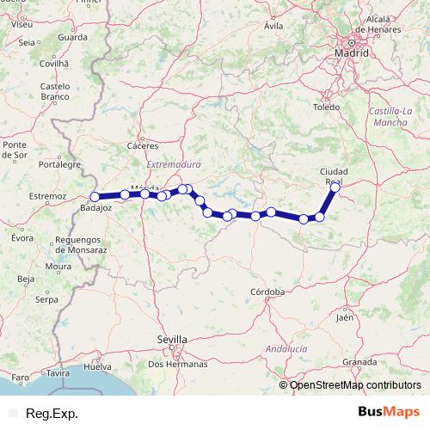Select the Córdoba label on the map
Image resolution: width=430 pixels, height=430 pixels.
click(x=267, y=292)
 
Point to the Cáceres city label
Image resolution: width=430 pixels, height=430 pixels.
click(x=142, y=146)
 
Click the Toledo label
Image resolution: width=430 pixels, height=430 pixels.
click(x=327, y=107)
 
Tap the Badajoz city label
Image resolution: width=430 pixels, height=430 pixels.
click(x=95, y=208)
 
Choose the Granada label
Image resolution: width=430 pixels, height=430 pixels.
click(x=359, y=362)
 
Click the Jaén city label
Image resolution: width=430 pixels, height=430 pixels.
click(x=345, y=317)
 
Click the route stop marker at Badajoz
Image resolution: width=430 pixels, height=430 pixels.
click(x=95, y=197)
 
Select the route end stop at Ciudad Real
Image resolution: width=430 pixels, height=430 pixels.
click(x=335, y=187)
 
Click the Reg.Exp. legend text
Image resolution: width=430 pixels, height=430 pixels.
click(x=52, y=414)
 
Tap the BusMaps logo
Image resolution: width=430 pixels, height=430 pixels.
click(x=388, y=413)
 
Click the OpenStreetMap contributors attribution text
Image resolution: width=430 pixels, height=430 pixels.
click(x=355, y=385)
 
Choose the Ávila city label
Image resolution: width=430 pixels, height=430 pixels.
click(x=273, y=27)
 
